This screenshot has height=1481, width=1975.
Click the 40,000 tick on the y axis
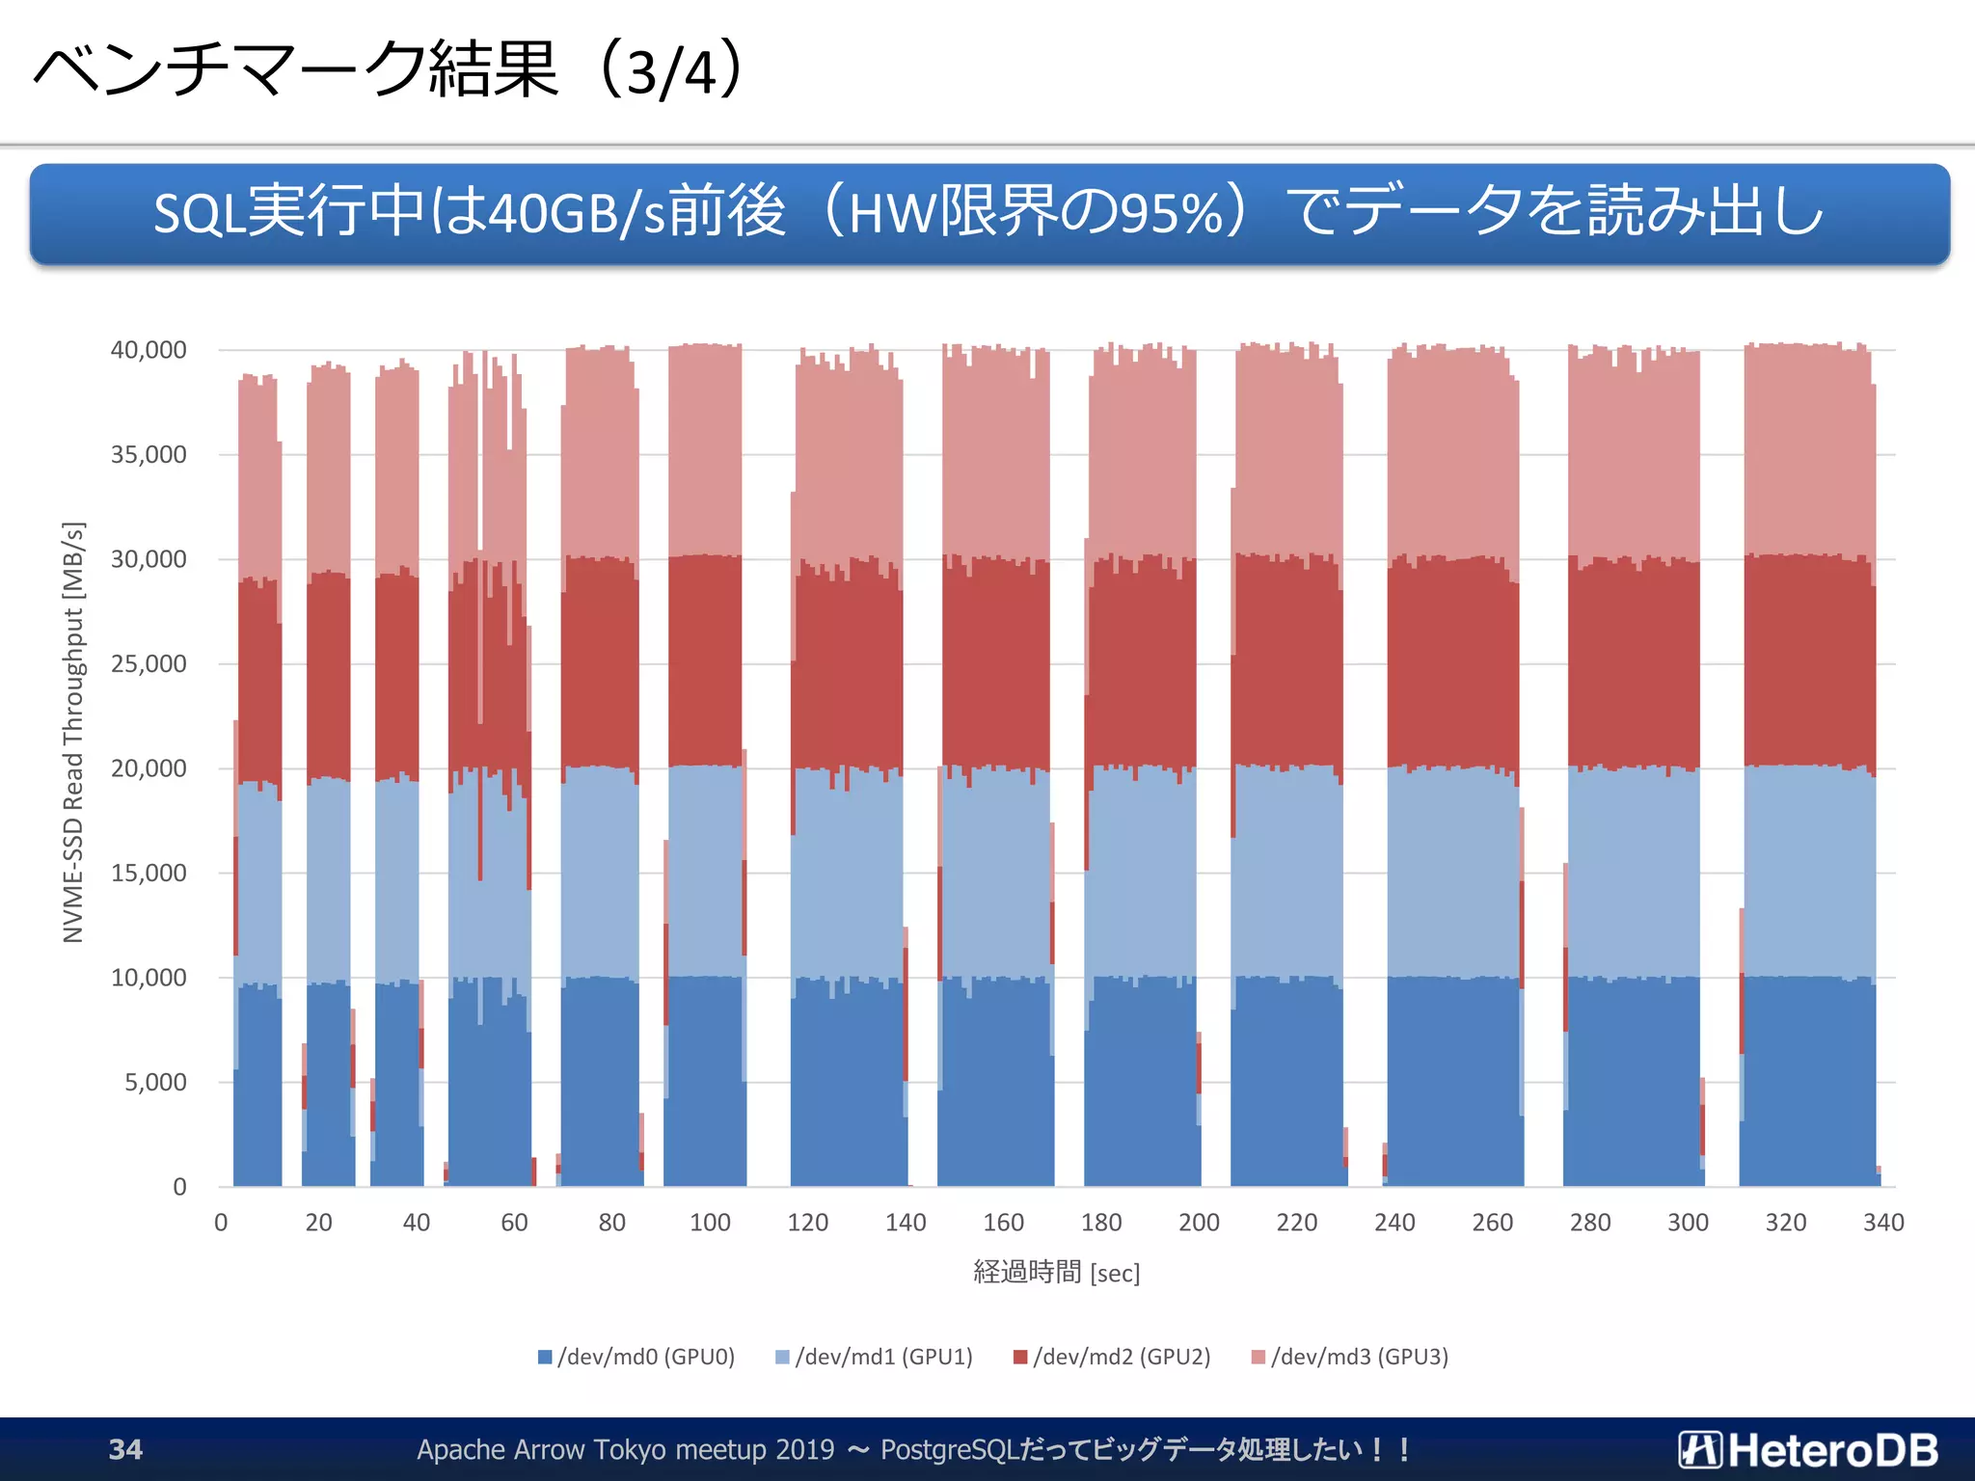pos(149,350)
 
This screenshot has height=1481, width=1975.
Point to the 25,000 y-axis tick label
pos(149,664)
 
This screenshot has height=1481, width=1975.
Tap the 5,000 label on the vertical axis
pos(155,1083)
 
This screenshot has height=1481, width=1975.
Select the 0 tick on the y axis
pos(179,1187)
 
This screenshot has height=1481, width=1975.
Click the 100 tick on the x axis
pos(710,1223)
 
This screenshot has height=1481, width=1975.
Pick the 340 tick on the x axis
pos(1882,1223)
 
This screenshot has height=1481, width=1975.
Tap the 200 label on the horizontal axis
pos(1199,1223)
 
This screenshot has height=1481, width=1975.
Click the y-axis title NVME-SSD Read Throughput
pos(74,733)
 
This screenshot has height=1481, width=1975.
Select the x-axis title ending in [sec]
pos(1056,1273)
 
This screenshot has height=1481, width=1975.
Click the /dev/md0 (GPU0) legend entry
pos(636,1357)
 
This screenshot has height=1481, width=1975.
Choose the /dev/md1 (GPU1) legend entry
pos(875,1357)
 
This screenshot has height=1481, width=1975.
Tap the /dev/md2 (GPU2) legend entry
pos(1112,1357)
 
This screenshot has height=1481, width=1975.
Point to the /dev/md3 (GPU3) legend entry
pos(1350,1357)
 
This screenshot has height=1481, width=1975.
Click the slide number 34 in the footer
pos(125,1449)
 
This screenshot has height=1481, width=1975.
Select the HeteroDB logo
pos(1808,1449)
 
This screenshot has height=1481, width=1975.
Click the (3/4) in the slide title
pos(671,71)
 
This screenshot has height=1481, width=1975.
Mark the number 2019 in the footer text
pos(804,1449)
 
